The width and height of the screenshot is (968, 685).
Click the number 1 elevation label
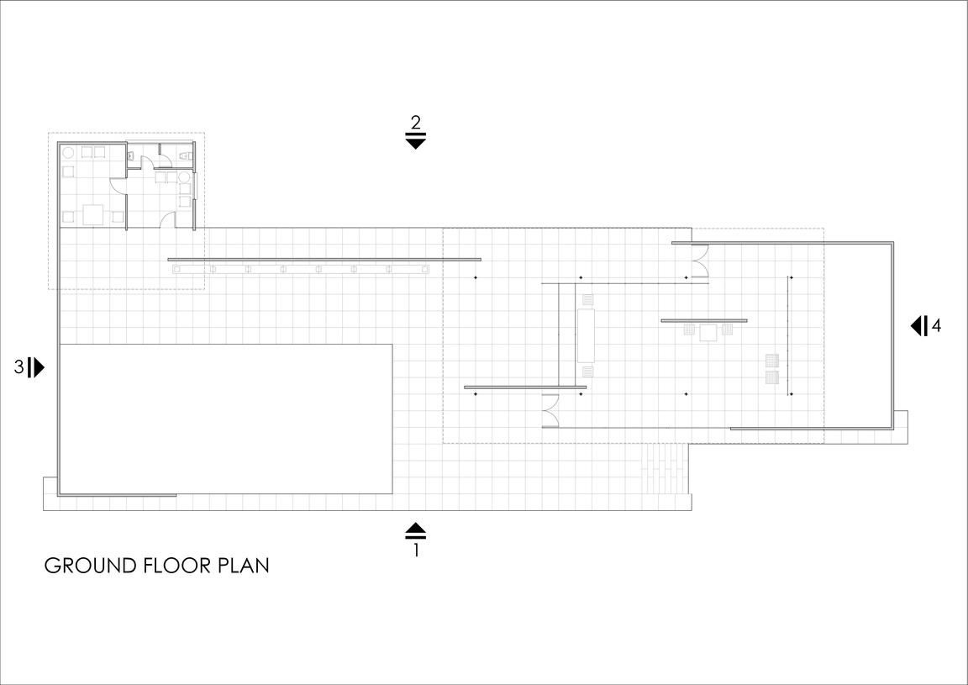[x=416, y=549]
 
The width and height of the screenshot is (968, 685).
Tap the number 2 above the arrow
[x=415, y=123]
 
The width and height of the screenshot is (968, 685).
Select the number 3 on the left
[x=19, y=367]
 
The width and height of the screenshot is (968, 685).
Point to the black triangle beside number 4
[x=916, y=325]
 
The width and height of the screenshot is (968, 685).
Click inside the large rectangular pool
[x=225, y=419]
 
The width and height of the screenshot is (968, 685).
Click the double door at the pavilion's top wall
[x=699, y=260]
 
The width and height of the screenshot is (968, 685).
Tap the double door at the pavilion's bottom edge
[x=550, y=411]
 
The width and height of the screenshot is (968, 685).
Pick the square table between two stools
[x=708, y=332]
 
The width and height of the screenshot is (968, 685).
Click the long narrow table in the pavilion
[x=586, y=335]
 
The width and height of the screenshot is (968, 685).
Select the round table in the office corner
[x=68, y=153]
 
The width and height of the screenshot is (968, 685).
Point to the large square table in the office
[x=93, y=214]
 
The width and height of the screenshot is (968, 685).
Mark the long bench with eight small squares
[x=301, y=269]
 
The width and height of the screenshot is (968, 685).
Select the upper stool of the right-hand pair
[x=771, y=360]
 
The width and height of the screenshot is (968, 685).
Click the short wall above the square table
[x=704, y=320]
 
